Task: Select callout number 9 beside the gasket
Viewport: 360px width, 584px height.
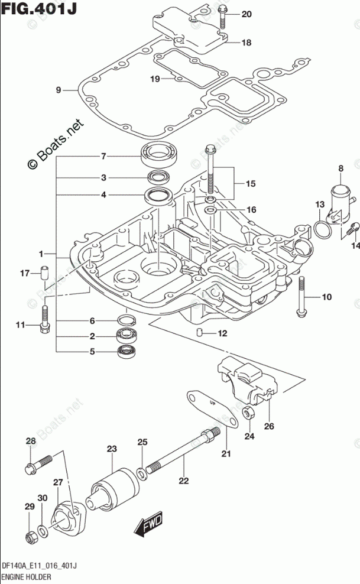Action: tap(59, 90)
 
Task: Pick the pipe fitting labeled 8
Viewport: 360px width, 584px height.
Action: tap(338, 204)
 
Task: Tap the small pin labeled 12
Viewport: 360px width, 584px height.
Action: tap(201, 333)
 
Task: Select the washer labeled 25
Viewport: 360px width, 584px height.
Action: tap(141, 473)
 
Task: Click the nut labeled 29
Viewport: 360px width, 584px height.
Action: tap(31, 537)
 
